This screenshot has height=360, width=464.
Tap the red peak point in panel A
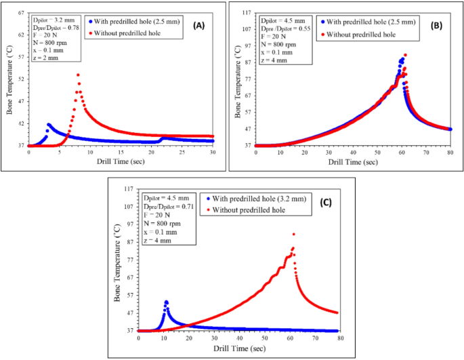pos(78,75)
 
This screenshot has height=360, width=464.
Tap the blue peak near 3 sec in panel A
pos(48,124)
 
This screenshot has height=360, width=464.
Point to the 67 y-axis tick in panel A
pos(21,12)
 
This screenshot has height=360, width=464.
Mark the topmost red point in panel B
pos(405,55)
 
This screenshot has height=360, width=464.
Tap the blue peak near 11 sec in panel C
pos(166,302)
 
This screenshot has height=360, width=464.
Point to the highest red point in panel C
pos(293,234)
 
